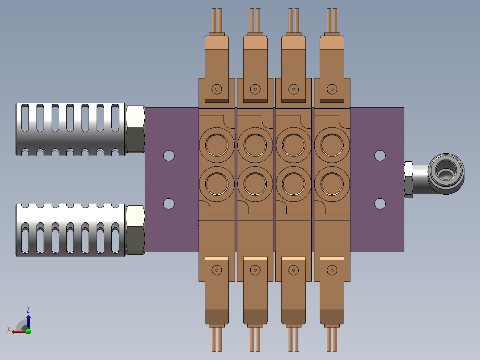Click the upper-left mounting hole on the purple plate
tap(169, 155)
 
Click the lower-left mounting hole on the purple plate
tap(169, 204)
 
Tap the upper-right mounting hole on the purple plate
tap(380, 155)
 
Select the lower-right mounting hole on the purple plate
tap(380, 204)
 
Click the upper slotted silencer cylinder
tap(70, 129)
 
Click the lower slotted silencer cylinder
tap(70, 230)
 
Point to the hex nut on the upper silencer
tap(135, 129)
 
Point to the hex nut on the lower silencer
tap(135, 230)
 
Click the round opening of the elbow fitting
tap(446, 170)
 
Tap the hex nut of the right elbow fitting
tap(409, 180)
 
